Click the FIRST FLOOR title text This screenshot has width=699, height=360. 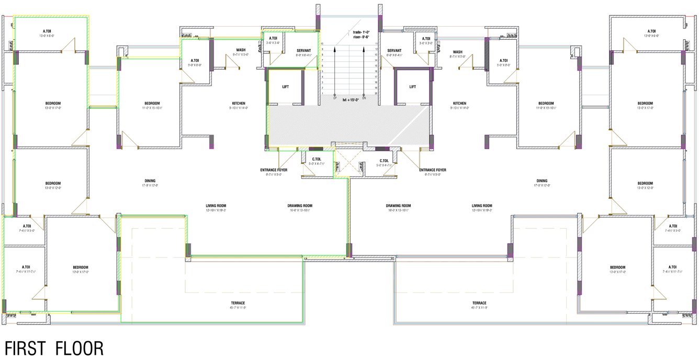(54, 348)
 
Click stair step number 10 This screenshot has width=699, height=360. (322, 43)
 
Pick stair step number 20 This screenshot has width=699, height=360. (377, 93)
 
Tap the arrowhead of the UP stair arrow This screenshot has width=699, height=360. (335, 46)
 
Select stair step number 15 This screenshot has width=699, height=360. (377, 65)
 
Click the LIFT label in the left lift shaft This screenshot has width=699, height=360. (286, 87)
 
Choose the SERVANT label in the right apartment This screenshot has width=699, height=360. (394, 50)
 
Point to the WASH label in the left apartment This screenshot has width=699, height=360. (241, 50)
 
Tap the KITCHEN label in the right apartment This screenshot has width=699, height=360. (459, 103)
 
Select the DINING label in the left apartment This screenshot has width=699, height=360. (150, 181)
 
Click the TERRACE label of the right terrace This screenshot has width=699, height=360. (479, 303)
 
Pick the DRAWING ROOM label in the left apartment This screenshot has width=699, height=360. (300, 206)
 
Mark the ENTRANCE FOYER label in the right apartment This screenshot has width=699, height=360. (433, 170)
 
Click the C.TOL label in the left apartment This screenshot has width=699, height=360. (317, 160)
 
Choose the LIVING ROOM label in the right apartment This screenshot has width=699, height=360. (482, 206)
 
